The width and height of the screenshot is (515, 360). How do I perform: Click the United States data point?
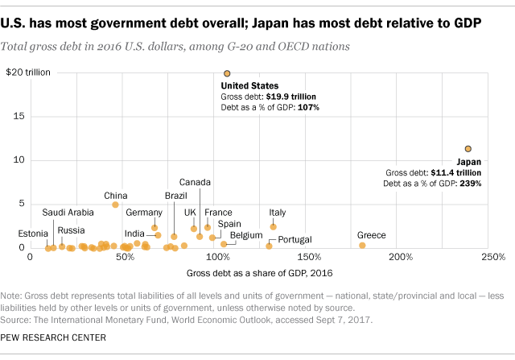pos(227,73)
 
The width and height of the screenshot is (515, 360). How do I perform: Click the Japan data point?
pos(468,148)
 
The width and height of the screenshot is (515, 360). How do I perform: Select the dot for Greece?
pos(362,245)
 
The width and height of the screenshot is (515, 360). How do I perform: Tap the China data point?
pos(115,205)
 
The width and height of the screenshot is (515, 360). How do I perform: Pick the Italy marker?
pos(273,227)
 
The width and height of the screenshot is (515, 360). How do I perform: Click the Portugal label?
pos(295,239)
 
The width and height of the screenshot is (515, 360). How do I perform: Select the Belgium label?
pos(246,235)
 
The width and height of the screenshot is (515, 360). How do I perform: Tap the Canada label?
pos(195,182)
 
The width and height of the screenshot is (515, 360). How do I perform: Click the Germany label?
pos(144,213)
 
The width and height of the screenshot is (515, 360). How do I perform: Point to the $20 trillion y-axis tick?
pos(28,72)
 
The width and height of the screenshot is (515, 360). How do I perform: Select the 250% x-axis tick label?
pos(492,257)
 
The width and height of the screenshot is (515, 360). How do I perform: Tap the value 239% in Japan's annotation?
pos(468,184)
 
